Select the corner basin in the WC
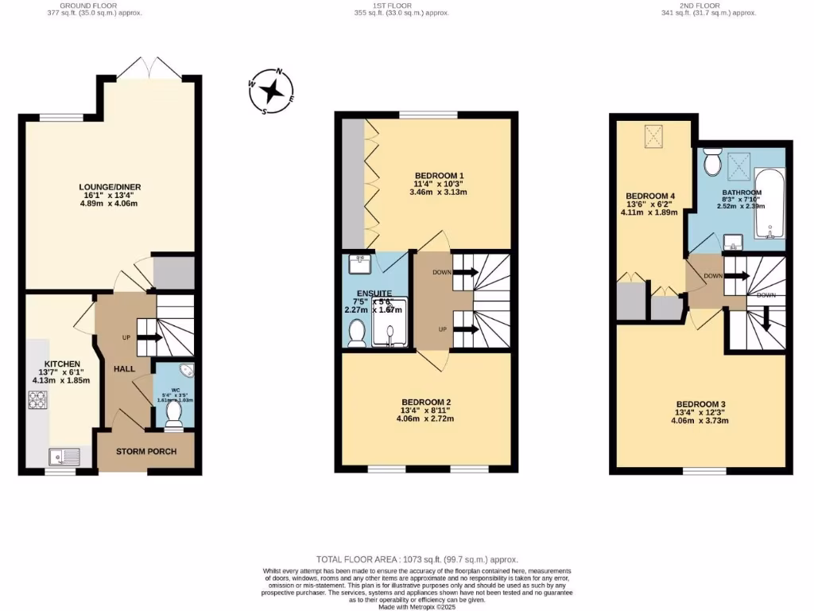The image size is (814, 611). pos(186,372)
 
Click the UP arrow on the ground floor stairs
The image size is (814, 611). pos(149,337)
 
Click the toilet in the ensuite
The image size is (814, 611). pos(358,333)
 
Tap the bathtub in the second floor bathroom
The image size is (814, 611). pos(769,204)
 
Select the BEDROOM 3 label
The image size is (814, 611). pos(700,404)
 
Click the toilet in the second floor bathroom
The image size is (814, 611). pos(712,162)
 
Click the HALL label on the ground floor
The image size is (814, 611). pos(124,369)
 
